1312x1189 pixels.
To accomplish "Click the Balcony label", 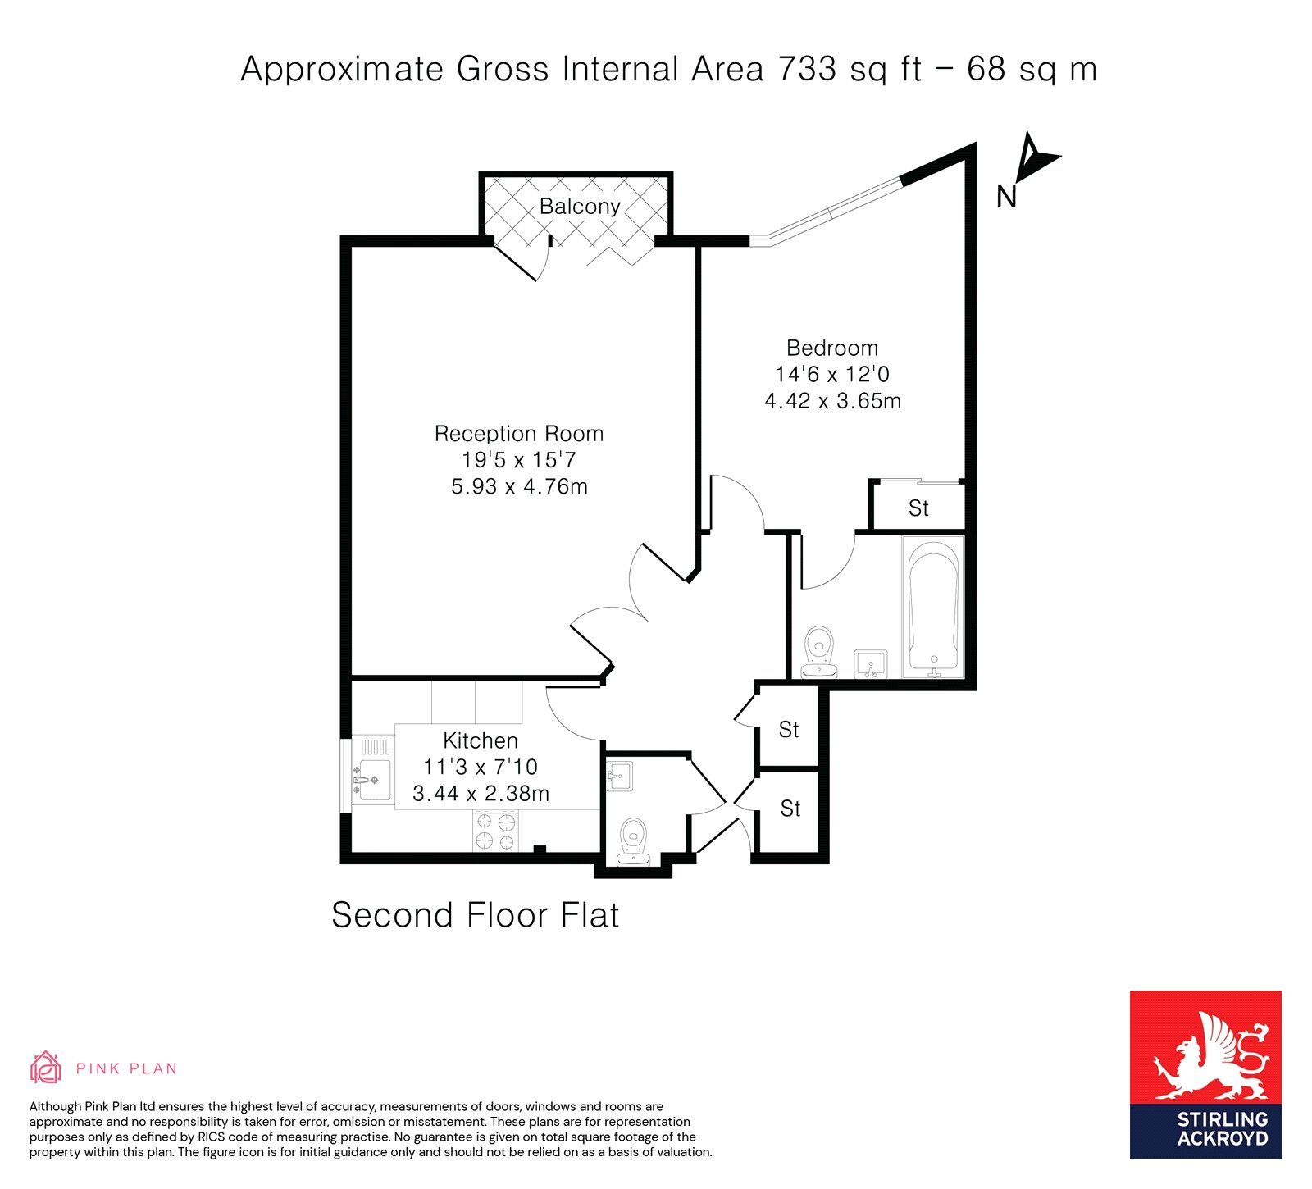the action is point(580,207).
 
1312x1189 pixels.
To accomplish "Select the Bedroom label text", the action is point(832,348).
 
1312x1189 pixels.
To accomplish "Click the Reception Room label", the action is point(519,434).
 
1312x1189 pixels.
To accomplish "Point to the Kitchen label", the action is point(481,740).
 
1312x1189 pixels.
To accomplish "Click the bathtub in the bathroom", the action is point(933,607).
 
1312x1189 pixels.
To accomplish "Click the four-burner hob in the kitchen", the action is point(496,830).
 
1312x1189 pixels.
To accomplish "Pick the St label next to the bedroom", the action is point(918,508).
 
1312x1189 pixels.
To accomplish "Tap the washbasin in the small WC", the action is point(619,776).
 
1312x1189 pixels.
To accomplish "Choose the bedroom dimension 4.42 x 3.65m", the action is point(832,401).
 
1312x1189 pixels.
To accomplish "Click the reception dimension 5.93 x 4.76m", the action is point(519,486).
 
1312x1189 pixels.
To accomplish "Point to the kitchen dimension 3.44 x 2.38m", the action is point(481,794).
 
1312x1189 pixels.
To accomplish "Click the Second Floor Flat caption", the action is point(475,915).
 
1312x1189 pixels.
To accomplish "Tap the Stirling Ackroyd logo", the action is point(1205,1074).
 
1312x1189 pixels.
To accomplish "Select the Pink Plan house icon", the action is point(46,1067).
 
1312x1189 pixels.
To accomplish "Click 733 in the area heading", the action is point(807,69).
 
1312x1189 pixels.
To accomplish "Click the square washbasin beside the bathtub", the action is point(871,663).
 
